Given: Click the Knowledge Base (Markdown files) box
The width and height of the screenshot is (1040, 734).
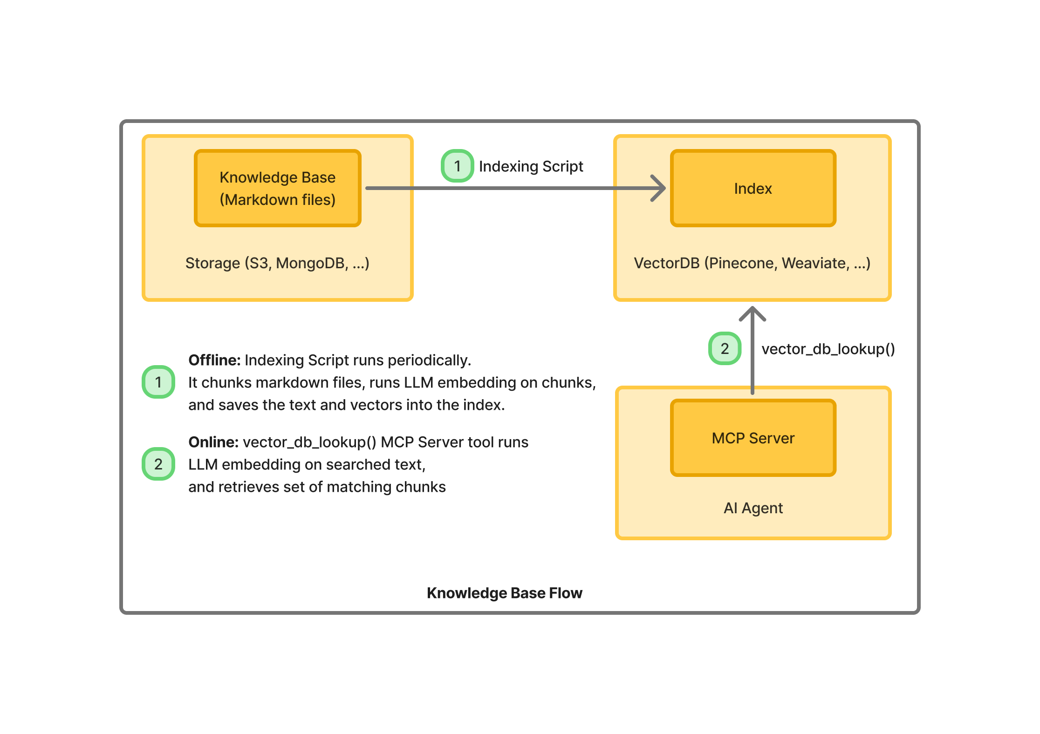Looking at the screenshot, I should [x=277, y=188].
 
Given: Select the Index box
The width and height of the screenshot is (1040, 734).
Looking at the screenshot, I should [x=753, y=188].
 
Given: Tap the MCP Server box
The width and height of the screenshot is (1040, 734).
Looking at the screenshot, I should [x=753, y=438].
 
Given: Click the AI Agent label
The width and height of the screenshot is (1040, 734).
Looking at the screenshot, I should [x=753, y=508].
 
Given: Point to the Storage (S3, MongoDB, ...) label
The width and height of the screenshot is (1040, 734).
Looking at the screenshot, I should [x=277, y=263].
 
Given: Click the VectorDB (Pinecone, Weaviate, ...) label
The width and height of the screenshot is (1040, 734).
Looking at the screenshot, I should [x=752, y=263].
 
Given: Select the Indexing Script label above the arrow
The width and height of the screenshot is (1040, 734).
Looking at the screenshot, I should [x=531, y=166].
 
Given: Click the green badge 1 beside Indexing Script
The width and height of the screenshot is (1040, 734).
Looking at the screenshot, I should [x=457, y=166].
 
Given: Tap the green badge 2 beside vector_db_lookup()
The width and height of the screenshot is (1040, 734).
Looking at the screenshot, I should [x=725, y=348].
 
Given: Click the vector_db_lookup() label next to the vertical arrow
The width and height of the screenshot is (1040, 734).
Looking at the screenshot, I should [x=828, y=349].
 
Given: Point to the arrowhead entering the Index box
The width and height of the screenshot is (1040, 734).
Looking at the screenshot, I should [x=659, y=188].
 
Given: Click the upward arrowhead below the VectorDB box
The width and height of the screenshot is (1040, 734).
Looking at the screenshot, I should [x=753, y=313].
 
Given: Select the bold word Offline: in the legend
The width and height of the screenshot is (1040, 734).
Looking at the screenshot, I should [x=214, y=360].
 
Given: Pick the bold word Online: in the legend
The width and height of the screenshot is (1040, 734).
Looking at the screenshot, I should [x=213, y=442].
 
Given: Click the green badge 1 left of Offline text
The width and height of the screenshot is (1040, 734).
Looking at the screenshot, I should [x=158, y=382].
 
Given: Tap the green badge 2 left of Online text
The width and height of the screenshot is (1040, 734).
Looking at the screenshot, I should [x=158, y=464].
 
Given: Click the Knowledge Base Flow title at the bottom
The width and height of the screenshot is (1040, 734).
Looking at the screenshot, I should [x=504, y=593].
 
